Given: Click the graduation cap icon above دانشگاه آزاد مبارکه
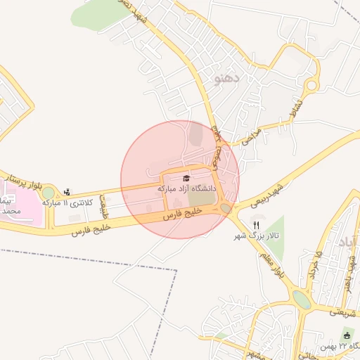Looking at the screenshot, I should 186,179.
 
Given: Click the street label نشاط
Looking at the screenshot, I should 288,110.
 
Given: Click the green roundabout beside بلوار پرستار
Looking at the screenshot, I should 48,193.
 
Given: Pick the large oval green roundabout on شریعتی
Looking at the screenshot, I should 301,300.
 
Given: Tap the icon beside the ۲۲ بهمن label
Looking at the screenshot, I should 347,334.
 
